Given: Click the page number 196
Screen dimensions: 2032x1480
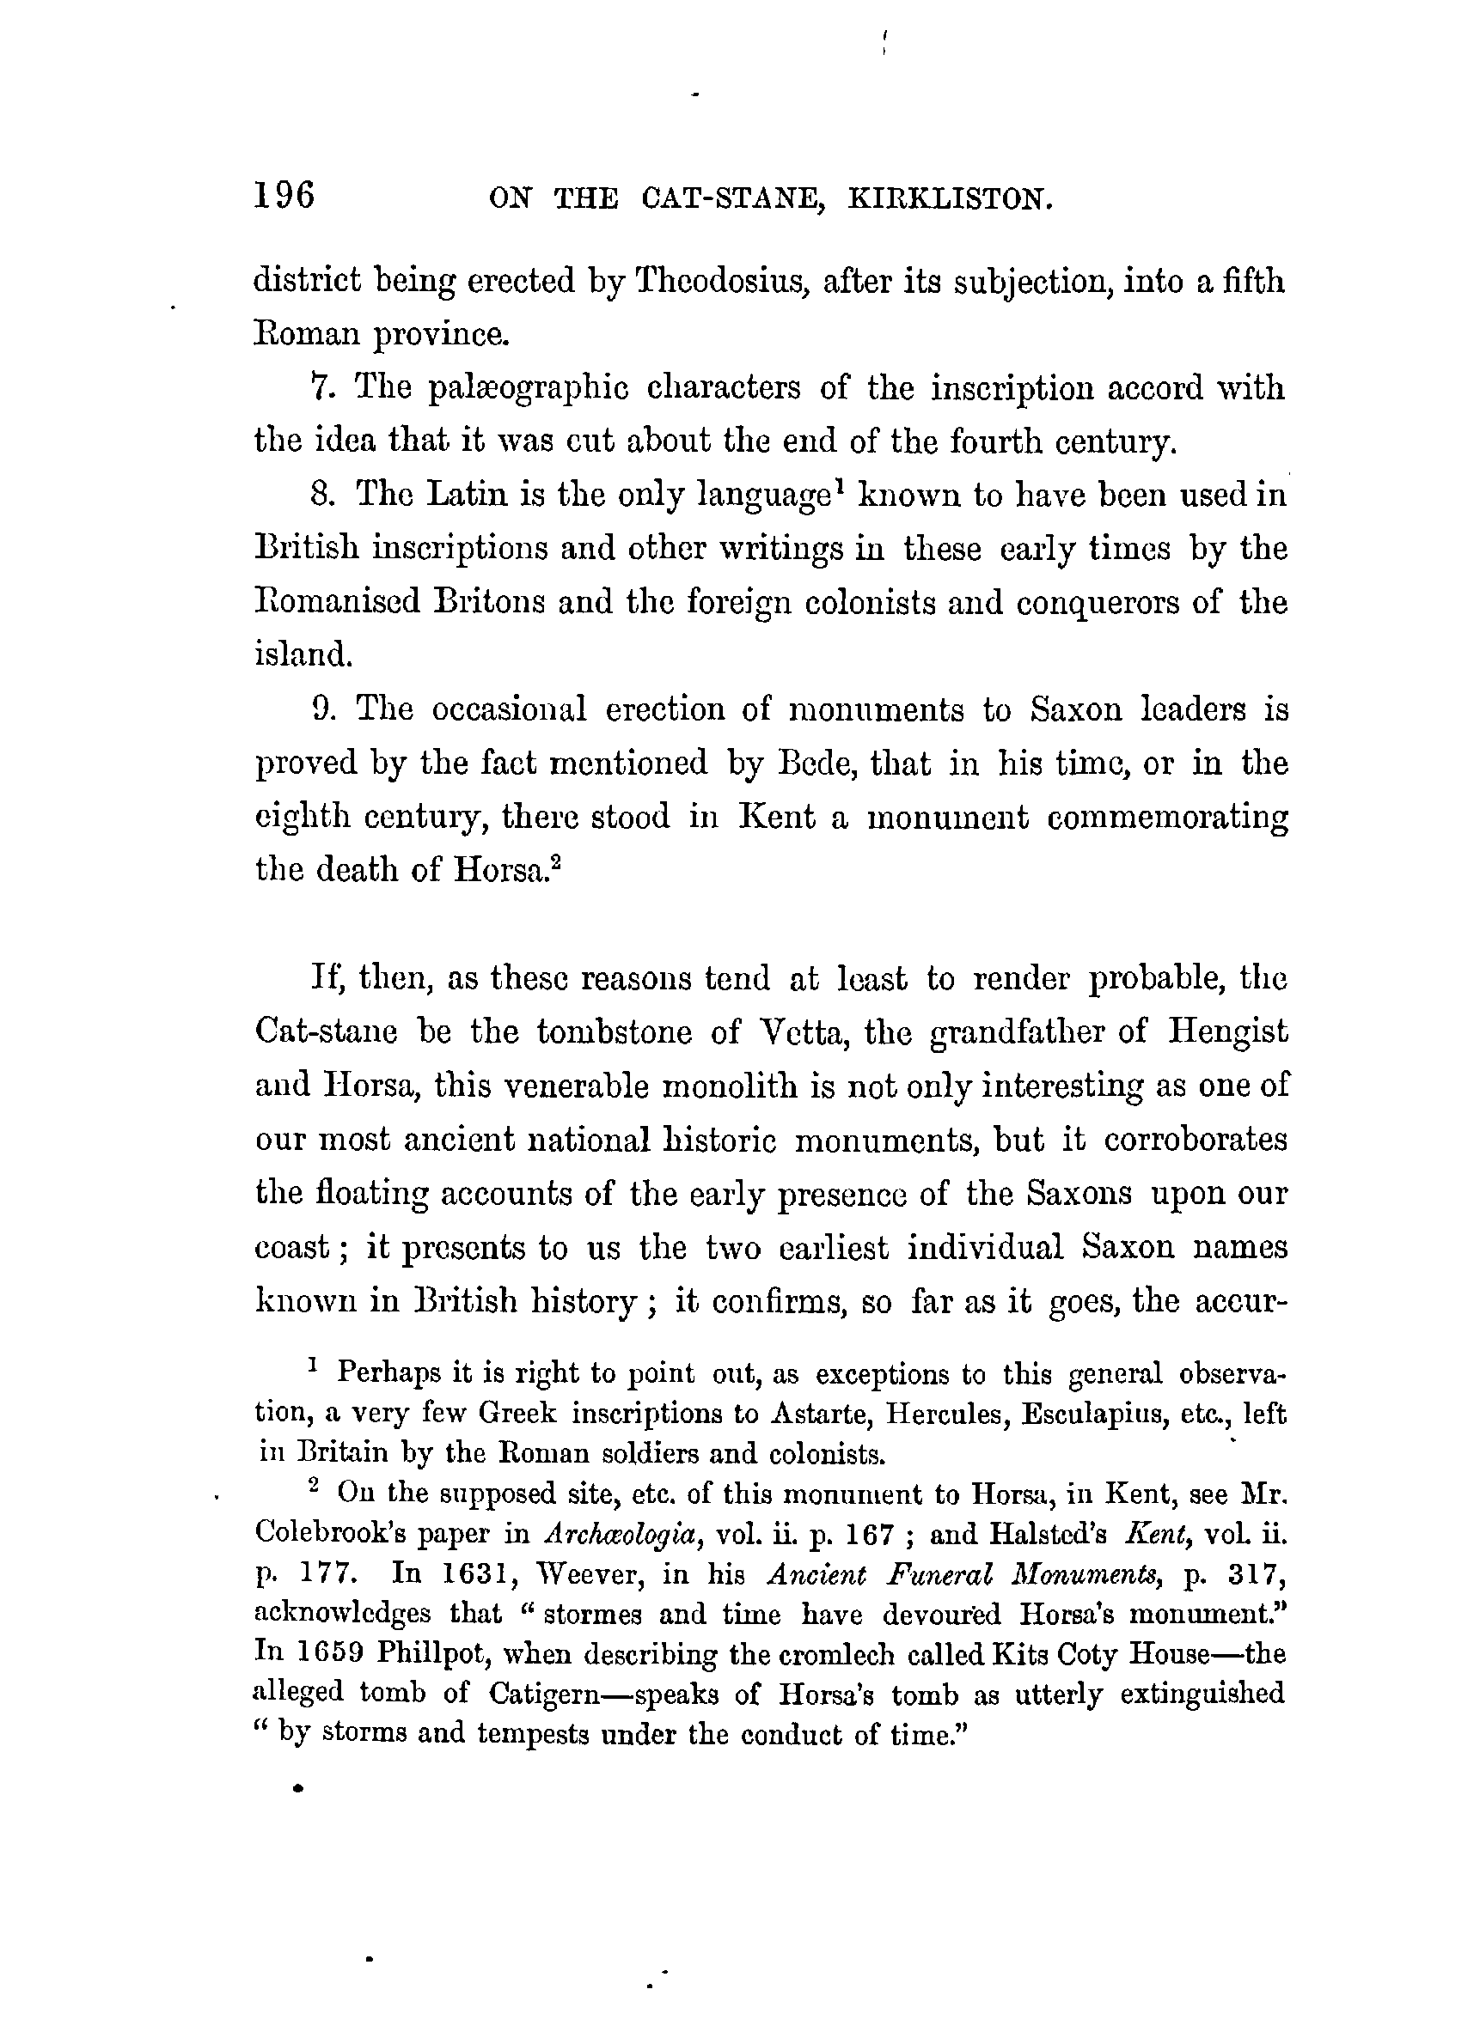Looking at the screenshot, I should click(284, 194).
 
